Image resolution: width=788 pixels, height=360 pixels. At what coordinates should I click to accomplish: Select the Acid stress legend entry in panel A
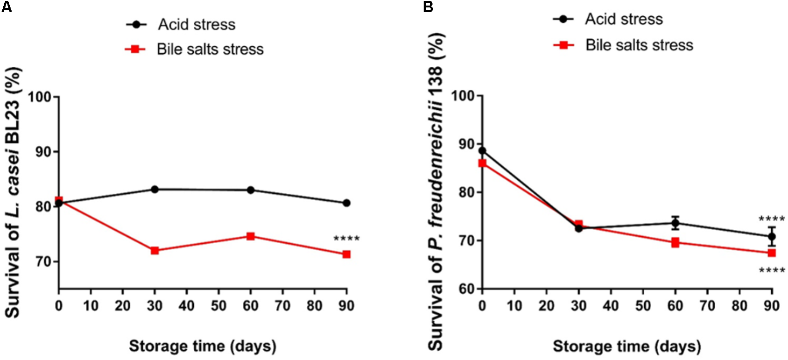pos(196,25)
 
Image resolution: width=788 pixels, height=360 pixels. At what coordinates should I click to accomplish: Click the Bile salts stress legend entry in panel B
pos(639,45)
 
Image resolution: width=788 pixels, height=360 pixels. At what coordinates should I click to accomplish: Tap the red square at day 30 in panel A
pos(155,251)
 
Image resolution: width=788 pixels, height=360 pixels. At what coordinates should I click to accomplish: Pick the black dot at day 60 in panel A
pos(251,190)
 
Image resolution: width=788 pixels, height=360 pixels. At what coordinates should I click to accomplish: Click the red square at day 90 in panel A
pos(346,254)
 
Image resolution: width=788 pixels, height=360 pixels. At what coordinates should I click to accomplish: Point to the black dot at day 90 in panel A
pos(346,203)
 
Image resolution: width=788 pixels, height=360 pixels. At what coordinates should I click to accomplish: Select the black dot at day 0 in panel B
pos(483,151)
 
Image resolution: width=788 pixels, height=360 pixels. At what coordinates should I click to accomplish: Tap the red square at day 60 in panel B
pos(675,242)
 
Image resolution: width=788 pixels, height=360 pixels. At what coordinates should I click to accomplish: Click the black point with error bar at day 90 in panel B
pos(772,236)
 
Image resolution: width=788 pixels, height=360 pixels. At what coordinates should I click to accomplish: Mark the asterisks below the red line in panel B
pos(772,271)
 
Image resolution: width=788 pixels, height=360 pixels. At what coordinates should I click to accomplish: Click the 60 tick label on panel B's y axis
pos(467,289)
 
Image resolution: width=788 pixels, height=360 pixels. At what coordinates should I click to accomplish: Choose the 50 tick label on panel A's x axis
pos(219,306)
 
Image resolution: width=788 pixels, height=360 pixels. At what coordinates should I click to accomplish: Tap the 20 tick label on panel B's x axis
pos(547,306)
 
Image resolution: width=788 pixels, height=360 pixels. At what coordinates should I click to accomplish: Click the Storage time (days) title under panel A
pos(203,346)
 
